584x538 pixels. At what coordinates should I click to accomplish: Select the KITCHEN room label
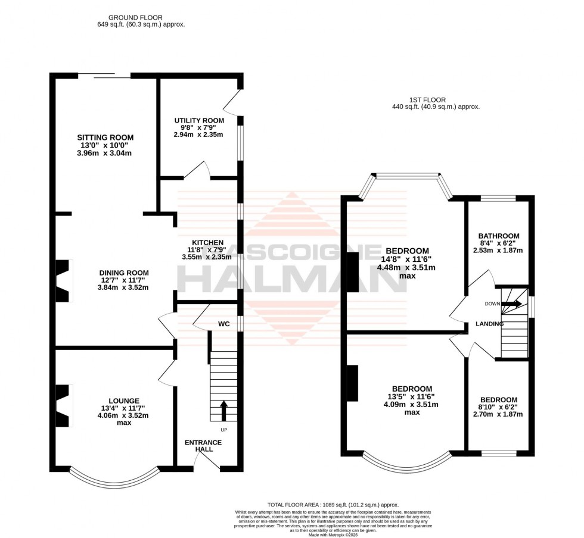[203, 242]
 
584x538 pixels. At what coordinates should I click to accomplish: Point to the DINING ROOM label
[123, 273]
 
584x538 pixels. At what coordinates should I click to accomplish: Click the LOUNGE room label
[124, 401]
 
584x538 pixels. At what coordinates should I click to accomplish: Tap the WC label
[224, 324]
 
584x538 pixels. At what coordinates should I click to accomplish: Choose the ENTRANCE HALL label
[203, 446]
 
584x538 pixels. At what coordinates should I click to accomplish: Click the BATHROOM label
[500, 236]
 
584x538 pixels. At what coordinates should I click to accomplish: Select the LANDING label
[489, 324]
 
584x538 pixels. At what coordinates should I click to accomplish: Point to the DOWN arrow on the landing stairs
[511, 304]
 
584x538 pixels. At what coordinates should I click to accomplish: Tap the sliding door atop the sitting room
[104, 76]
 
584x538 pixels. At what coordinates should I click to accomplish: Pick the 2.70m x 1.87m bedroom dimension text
[499, 414]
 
